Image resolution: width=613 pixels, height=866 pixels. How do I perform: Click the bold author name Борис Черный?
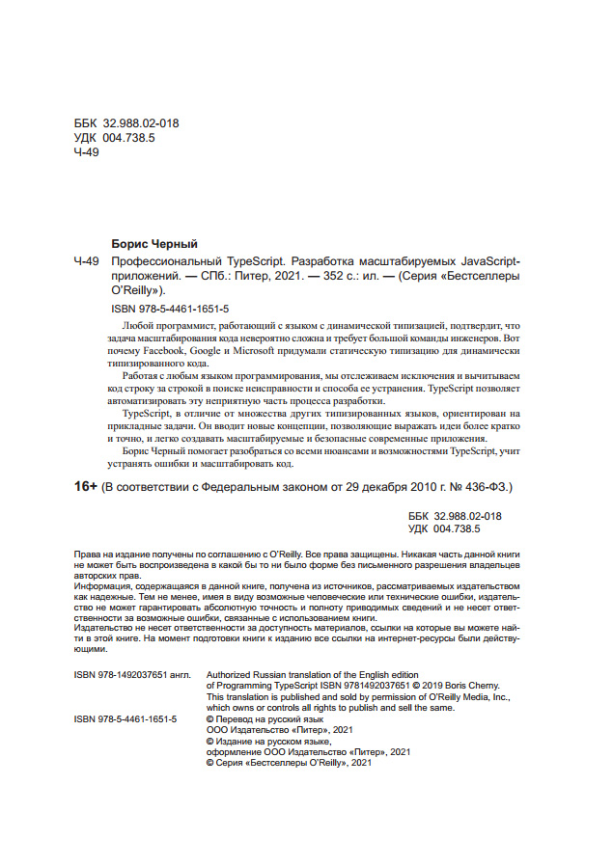154,244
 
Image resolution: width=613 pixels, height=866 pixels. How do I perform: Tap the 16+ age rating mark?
86,487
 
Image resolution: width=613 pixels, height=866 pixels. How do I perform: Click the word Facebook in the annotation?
166,354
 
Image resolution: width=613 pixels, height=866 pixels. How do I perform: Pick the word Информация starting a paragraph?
104,585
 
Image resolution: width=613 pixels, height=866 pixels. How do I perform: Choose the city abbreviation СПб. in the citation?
215,275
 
